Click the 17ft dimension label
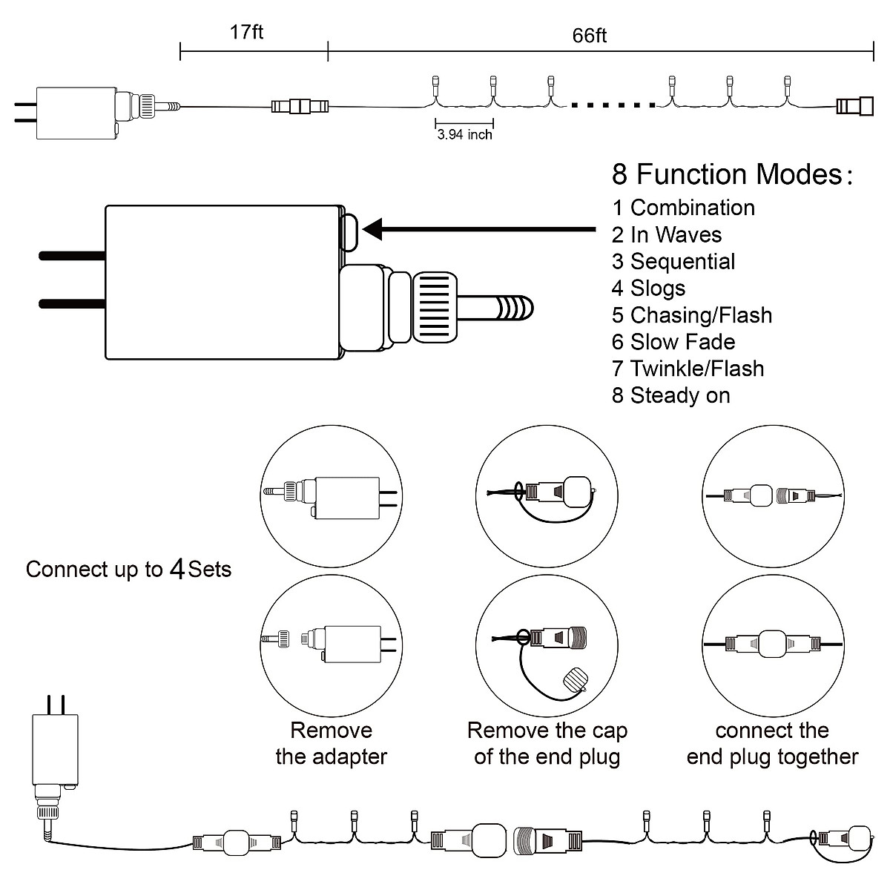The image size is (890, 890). pos(247,33)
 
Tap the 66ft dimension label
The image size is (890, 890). pos(590,36)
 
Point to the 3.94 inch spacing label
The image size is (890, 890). pos(464,135)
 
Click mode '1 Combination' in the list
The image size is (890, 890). pos(684,208)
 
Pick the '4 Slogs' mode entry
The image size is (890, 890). pos(648,289)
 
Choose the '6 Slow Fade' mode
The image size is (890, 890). pos(673,342)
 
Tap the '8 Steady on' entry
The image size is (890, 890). pos(671,395)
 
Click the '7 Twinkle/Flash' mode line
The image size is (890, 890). pos(688,369)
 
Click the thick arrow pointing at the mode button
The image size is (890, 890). pos(479,229)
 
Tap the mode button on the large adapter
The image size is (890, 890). pos(349,232)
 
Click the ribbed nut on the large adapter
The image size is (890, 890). pos(435,307)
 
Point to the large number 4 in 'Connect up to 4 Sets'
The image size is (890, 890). pos(177,569)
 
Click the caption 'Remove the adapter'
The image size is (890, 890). pos(331,744)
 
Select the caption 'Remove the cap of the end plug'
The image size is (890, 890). pos(547,744)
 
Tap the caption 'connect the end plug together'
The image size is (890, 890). pos(772,744)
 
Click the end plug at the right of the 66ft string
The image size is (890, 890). pos(855,106)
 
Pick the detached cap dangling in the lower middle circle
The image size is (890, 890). pos(576,680)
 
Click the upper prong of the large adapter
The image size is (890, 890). pos(73,256)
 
